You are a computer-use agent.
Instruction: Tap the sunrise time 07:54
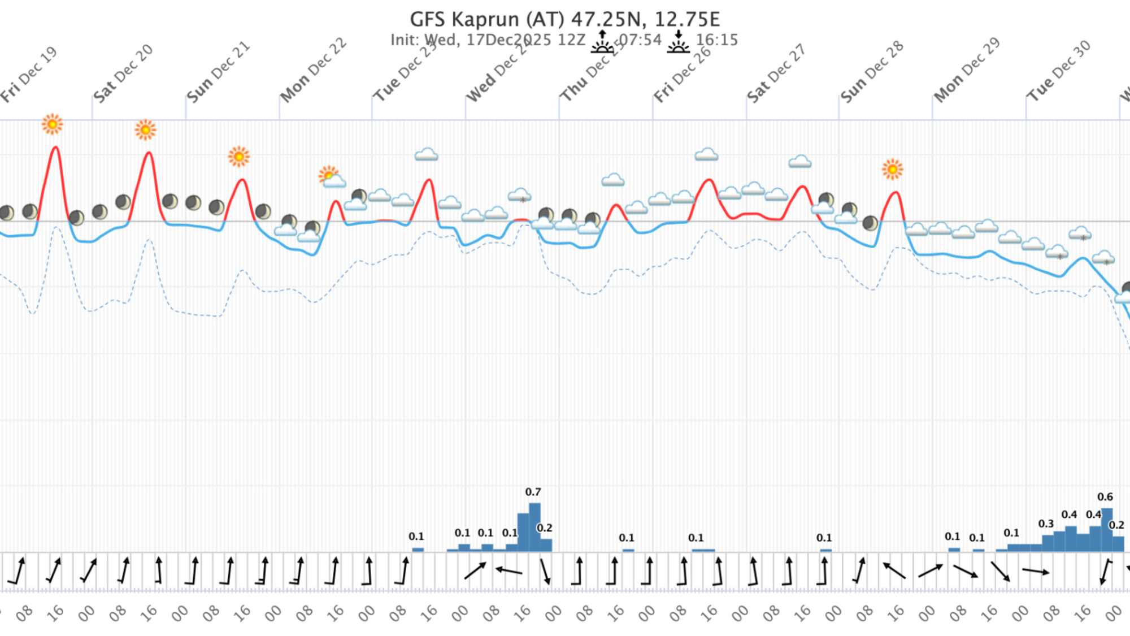pyautogui.click(x=640, y=40)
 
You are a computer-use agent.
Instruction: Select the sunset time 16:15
pyautogui.click(x=716, y=40)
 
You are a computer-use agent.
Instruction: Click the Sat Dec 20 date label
pyautogui.click(x=123, y=73)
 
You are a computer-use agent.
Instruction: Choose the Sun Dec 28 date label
pyautogui.click(x=872, y=72)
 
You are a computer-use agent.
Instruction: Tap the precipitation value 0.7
pyautogui.click(x=533, y=492)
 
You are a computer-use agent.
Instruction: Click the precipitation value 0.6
pyautogui.click(x=1105, y=497)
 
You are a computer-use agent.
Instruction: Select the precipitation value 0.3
pyautogui.click(x=1046, y=523)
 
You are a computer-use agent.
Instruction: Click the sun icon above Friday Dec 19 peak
pyautogui.click(x=53, y=124)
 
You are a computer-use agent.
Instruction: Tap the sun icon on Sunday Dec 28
pyautogui.click(x=892, y=169)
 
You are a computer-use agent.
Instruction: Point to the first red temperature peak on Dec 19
pyautogui.click(x=55, y=148)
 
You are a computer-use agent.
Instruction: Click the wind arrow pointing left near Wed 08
pyautogui.click(x=508, y=571)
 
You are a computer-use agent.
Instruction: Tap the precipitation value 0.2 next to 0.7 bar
pyautogui.click(x=544, y=528)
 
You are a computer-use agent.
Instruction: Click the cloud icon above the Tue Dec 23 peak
pyautogui.click(x=426, y=154)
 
